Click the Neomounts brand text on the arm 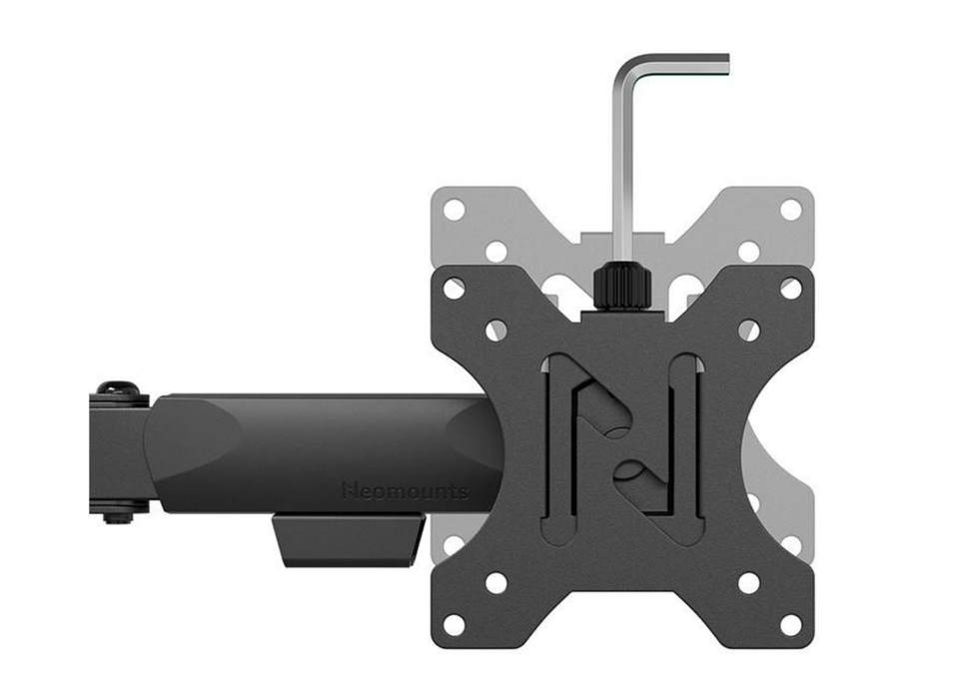[406, 490]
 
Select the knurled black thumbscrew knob [621, 287]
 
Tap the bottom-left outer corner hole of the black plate [454, 624]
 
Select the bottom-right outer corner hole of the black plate [790, 624]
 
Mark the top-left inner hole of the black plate [496, 331]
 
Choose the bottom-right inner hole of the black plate [748, 582]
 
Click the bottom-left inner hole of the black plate [496, 582]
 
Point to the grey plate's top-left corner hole [454, 211]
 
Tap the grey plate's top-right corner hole [790, 211]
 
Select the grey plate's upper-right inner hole [748, 252]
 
